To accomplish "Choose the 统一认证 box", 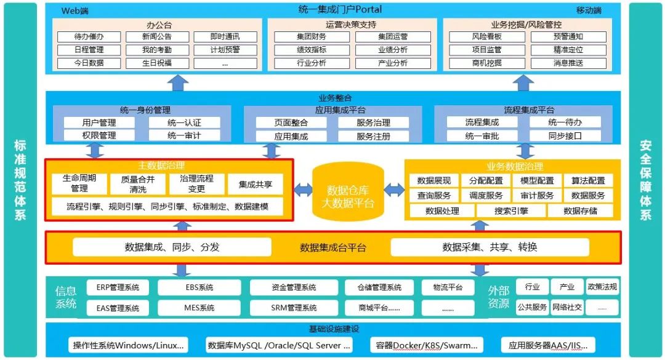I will pos(184,122).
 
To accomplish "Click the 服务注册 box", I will pos(373,136).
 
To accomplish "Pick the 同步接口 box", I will pos(565,136).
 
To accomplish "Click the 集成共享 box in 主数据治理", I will pos(256,184).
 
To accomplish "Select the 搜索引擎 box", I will pos(510,210).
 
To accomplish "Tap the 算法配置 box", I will pos(587,180).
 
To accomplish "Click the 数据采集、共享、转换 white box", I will pos(490,247).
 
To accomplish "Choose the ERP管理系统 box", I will pos(118,287).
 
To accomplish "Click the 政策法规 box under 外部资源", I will pos(602,287).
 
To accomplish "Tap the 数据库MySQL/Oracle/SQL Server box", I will pos(280,345).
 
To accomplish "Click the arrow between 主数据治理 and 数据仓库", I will pos(302,190).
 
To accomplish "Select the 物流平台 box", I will pos(448,287).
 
